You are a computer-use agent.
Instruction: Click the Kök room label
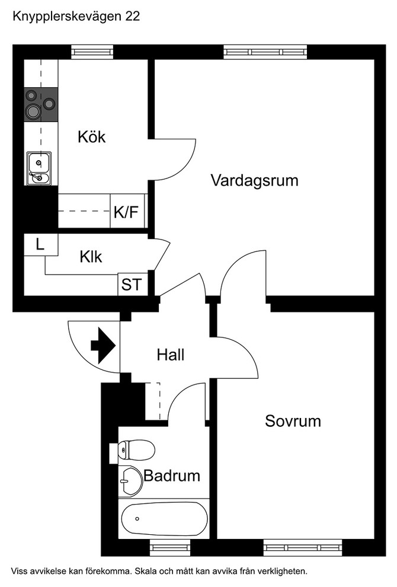(x=91, y=137)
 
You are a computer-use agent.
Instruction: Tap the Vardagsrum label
(x=254, y=180)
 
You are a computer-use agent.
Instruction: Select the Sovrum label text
(x=293, y=422)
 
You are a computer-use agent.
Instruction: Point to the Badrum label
(x=172, y=476)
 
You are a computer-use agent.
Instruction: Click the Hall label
(x=171, y=355)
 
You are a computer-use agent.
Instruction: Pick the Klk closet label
(x=91, y=257)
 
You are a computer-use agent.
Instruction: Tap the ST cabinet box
(x=132, y=285)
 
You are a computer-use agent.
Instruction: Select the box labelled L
(x=40, y=244)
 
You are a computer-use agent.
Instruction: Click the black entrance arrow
(x=103, y=346)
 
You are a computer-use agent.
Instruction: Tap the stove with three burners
(x=41, y=104)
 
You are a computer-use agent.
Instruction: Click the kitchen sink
(x=39, y=168)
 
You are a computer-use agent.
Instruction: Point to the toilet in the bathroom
(x=136, y=451)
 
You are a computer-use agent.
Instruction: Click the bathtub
(x=164, y=519)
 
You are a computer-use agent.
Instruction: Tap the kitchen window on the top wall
(x=92, y=52)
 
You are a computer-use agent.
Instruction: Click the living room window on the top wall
(x=266, y=52)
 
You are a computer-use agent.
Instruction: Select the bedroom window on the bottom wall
(x=303, y=546)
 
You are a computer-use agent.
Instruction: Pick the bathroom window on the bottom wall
(x=161, y=546)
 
